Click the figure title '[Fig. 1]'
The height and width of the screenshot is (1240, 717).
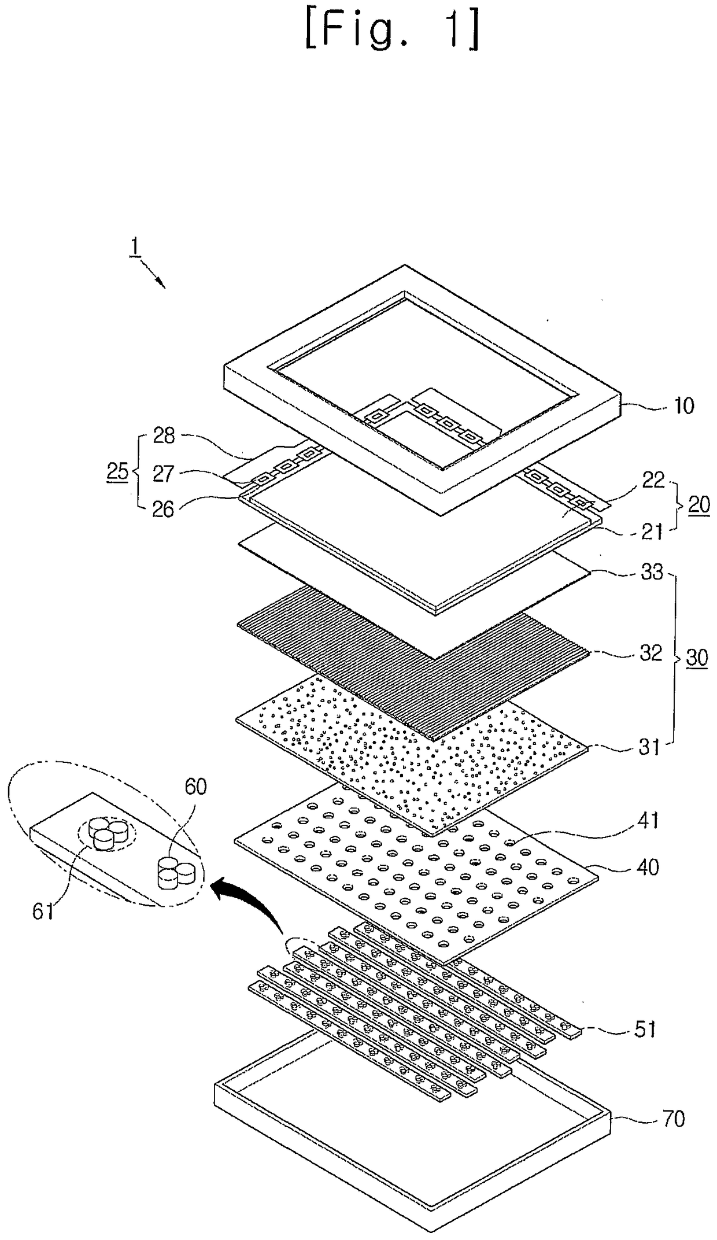pyautogui.click(x=391, y=34)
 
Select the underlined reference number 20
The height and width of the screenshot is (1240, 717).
pyautogui.click(x=698, y=505)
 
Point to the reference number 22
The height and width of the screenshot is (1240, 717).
pyautogui.click(x=653, y=479)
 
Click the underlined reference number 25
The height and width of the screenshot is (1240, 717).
pyautogui.click(x=117, y=471)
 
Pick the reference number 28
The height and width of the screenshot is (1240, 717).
pyautogui.click(x=164, y=436)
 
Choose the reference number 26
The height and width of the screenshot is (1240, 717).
pyautogui.click(x=164, y=510)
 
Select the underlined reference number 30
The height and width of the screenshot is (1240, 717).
pyautogui.click(x=696, y=658)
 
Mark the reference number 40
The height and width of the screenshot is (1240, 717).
pyautogui.click(x=647, y=867)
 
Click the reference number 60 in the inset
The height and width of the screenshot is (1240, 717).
pyautogui.click(x=195, y=787)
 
